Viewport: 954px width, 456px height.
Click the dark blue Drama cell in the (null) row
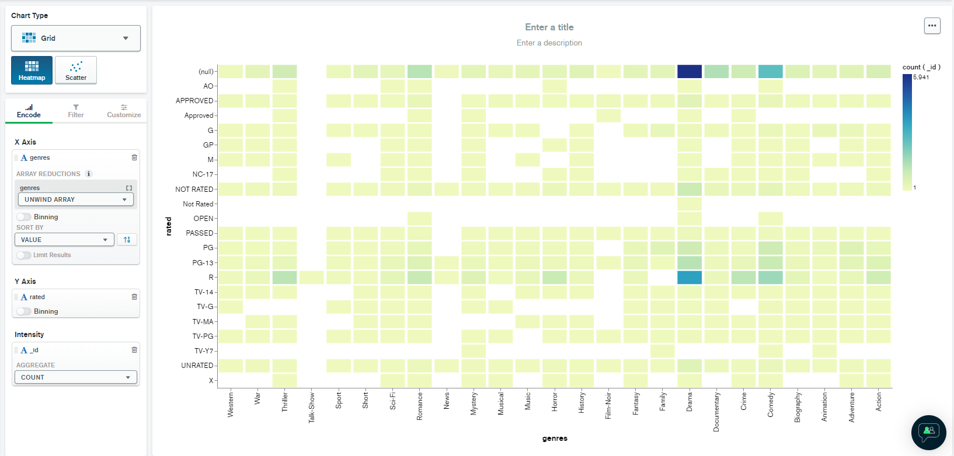point(689,72)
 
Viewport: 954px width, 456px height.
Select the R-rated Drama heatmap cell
point(689,278)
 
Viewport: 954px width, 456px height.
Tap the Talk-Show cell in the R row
point(312,278)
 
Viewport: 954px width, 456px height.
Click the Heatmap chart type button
point(32,70)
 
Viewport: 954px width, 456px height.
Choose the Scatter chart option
point(76,70)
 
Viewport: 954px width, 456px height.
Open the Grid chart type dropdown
point(76,38)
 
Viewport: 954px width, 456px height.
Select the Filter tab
point(76,111)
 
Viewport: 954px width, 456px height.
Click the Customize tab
point(124,111)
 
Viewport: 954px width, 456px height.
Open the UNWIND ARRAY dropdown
point(76,199)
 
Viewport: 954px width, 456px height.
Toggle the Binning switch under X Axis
point(24,217)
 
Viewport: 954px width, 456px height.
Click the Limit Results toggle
point(24,255)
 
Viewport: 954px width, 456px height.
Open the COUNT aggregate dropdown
point(76,377)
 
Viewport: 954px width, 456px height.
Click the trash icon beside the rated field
point(134,297)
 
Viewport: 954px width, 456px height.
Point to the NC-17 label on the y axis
point(203,174)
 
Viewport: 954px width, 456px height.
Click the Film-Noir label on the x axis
point(608,405)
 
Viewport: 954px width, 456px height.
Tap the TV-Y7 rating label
point(203,351)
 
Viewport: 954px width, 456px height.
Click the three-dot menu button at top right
point(932,26)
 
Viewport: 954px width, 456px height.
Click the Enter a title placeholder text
point(549,27)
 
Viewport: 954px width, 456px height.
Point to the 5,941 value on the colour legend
point(921,78)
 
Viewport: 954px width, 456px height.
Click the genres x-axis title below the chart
point(555,439)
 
